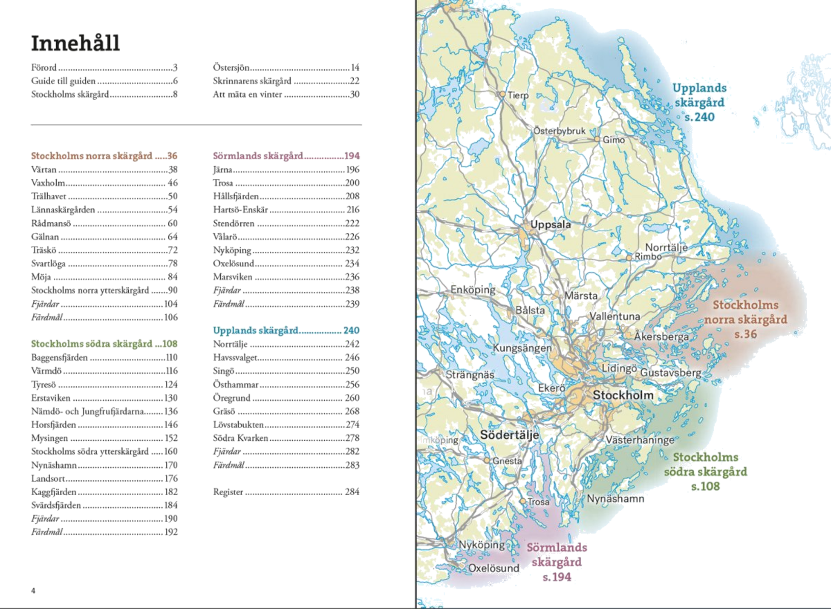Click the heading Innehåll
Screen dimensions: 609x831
75,43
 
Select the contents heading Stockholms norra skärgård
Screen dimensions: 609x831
91,156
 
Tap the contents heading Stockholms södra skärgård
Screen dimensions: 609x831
92,344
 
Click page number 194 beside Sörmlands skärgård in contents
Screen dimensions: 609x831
352,156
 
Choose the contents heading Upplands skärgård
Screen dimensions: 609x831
255,330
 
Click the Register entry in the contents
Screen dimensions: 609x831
228,492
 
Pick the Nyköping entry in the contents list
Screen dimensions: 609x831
232,250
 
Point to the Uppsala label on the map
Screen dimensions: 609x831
551,224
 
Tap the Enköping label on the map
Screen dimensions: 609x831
473,290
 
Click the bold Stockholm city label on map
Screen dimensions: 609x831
623,395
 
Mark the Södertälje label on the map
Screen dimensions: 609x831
509,435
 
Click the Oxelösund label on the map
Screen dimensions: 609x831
493,568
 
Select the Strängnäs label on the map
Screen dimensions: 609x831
470,375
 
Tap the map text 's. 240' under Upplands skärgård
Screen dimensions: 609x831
700,117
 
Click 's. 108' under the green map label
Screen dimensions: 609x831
706,486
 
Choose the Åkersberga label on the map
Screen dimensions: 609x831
661,336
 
